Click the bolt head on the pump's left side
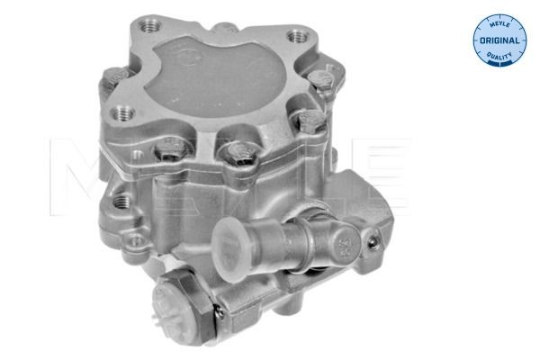112,79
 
